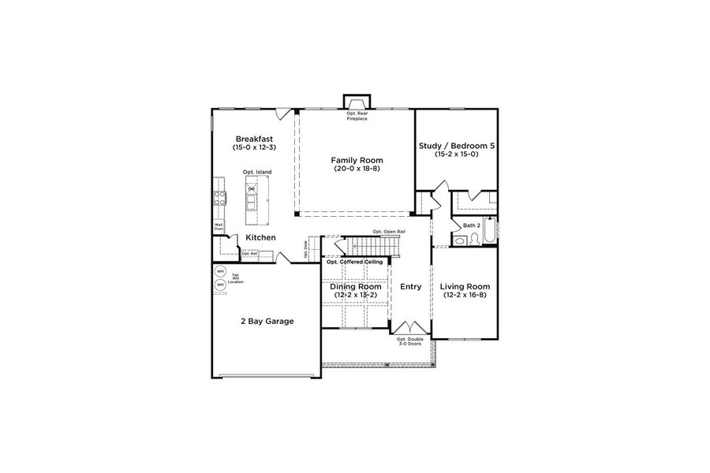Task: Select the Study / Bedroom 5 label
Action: [456, 144]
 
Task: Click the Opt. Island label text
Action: [256, 172]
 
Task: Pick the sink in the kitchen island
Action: [252, 203]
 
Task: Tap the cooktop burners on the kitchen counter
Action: [219, 197]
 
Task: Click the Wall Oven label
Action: [219, 227]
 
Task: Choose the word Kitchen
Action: [260, 237]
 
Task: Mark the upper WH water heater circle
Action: [219, 272]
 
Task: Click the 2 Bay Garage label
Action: [261, 321]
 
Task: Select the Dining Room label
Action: [355, 286]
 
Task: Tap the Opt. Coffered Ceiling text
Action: [355, 261]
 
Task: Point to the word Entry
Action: [411, 287]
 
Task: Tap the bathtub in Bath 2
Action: [490, 230]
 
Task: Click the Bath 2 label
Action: [472, 225]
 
